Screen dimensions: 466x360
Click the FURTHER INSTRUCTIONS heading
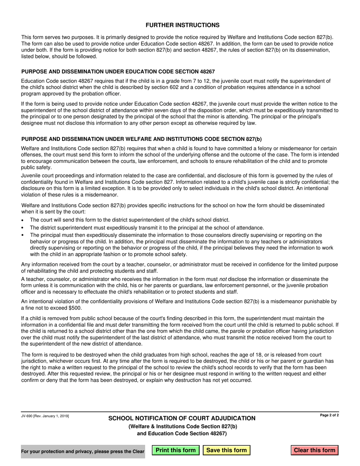[182, 25]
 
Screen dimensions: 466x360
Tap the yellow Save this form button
[227, 450]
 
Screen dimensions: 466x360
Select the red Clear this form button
[315, 450]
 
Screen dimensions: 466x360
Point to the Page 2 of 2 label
[329, 415]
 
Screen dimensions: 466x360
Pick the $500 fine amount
[74, 308]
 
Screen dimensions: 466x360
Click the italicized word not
[223, 279]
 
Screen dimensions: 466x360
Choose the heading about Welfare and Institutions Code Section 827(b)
[141, 139]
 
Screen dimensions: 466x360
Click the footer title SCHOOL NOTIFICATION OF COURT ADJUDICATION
[182, 418]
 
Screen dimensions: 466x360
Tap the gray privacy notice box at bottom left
[83, 451]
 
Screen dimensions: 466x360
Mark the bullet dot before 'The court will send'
[23, 220]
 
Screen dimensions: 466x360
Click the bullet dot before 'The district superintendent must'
[23, 228]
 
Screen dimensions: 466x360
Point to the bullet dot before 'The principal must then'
[23, 235]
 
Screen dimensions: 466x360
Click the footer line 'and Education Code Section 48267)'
[182, 433]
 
